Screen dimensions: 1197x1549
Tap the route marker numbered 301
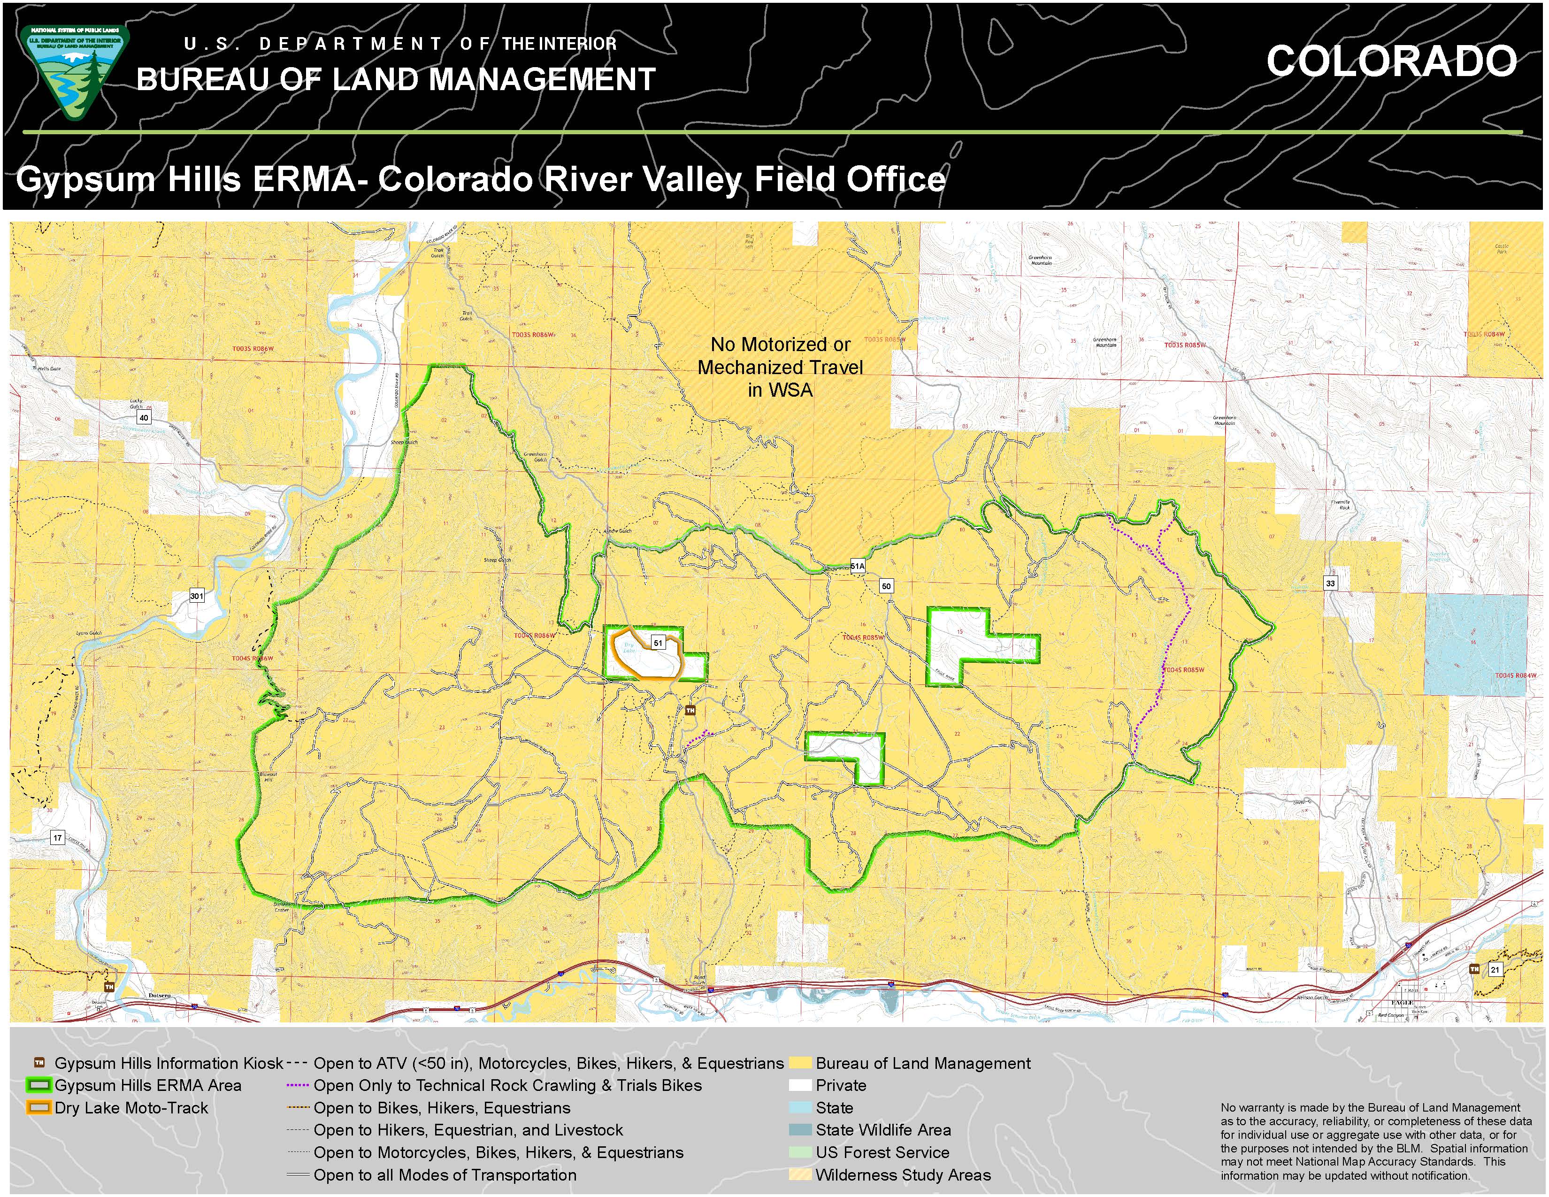[197, 596]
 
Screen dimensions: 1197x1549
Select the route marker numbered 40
[144, 418]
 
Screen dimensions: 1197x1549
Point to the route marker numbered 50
[886, 586]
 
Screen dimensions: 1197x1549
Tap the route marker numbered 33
[1330, 583]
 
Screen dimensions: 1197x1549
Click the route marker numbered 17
[57, 838]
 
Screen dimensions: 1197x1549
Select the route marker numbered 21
[1495, 969]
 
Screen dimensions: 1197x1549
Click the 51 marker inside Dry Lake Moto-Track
[658, 643]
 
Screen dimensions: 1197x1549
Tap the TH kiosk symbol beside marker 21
[1474, 969]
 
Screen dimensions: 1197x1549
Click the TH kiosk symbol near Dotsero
[109, 986]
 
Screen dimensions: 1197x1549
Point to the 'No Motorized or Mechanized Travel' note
[780, 368]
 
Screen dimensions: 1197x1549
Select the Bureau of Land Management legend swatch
[800, 1063]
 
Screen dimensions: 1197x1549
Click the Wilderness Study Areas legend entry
[902, 1175]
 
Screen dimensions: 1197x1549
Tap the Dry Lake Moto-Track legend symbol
[39, 1108]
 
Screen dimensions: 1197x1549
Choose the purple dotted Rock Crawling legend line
[298, 1085]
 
